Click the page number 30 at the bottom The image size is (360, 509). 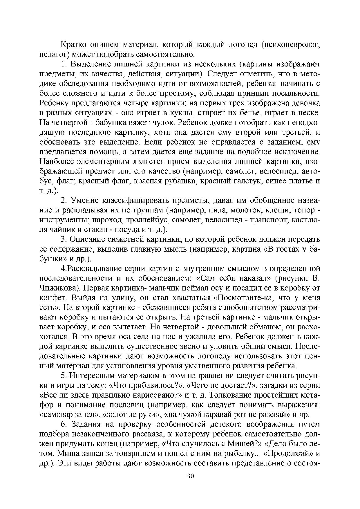point(190,476)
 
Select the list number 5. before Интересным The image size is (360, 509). point(64,376)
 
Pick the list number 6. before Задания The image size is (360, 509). point(64,424)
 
